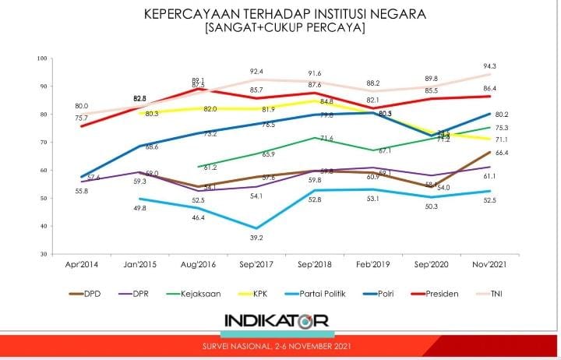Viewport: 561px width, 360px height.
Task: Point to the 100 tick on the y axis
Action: pyautogui.click(x=42, y=58)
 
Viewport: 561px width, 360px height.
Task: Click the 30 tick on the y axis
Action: pyautogui.click(x=44, y=254)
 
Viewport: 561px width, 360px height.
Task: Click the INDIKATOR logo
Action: pyautogui.click(x=277, y=320)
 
